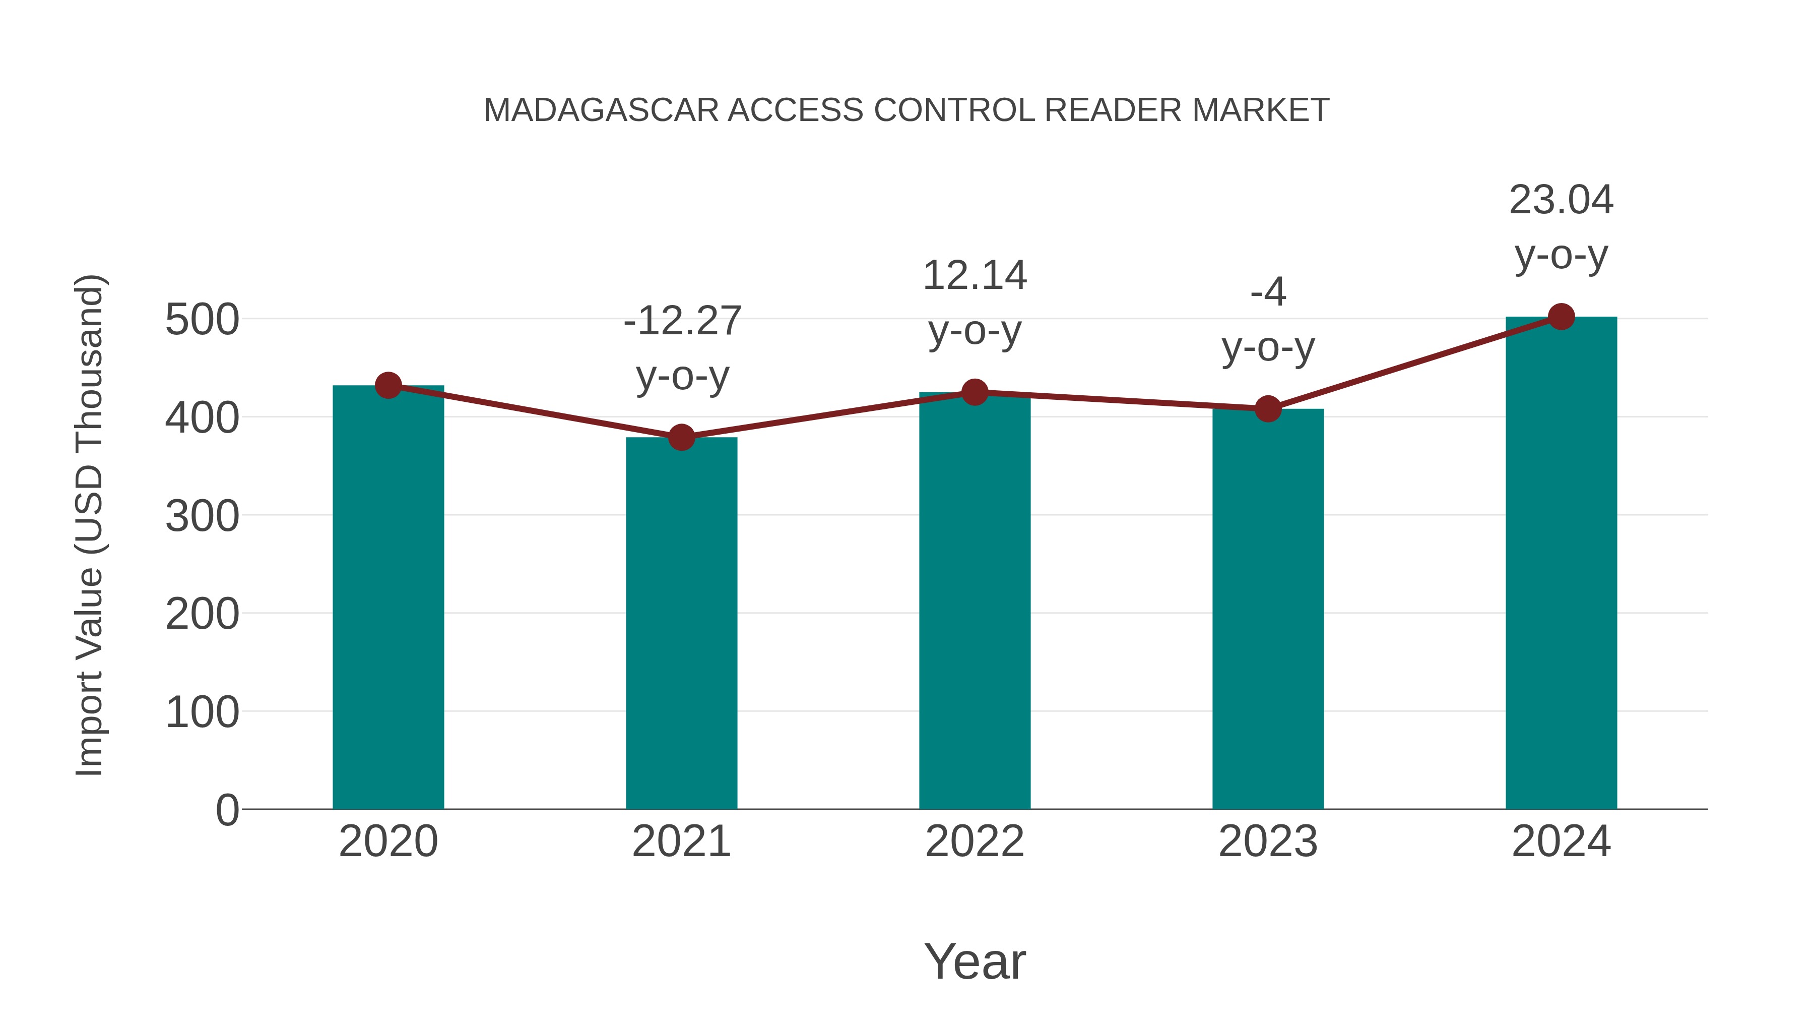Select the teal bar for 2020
coord(388,599)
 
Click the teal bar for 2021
coord(681,624)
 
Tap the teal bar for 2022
coord(975,603)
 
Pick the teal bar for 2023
coord(1268,610)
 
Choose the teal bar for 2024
coord(1561,564)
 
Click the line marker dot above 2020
coord(388,385)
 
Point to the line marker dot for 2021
coord(681,438)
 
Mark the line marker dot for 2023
coord(1268,409)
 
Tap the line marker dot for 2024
coord(1561,317)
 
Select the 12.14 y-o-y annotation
coord(975,303)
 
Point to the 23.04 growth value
coord(1561,200)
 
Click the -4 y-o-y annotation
coord(1268,319)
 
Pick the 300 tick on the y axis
coord(202,516)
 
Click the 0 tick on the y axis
coord(227,810)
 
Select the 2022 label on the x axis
coord(975,842)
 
